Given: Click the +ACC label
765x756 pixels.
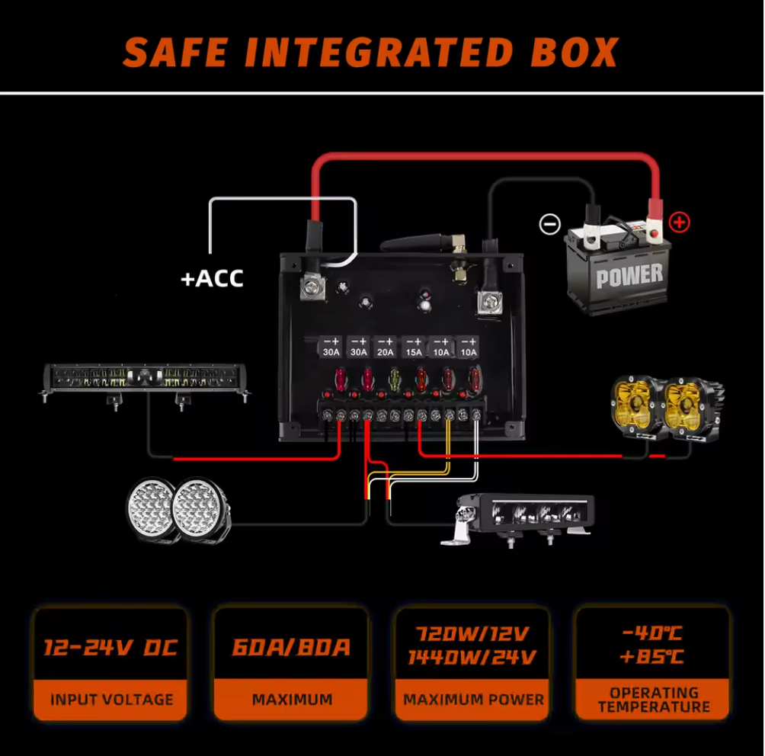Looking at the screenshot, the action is point(212,279).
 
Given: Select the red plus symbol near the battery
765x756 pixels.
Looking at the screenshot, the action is point(679,223).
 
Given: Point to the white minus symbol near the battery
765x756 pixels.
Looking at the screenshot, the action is point(550,224).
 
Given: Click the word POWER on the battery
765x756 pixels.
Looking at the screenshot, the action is point(629,276).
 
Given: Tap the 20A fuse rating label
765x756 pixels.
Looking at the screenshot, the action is point(386,352).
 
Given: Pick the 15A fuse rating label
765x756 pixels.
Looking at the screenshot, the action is point(414,352).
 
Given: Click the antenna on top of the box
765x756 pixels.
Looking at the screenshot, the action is point(423,242).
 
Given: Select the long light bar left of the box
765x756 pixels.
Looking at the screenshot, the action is point(145,381).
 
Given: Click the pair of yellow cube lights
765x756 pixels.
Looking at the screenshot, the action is point(667,408).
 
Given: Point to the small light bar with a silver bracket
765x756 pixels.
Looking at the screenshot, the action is point(518,520).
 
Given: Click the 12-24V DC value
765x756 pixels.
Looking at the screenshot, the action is point(110,648).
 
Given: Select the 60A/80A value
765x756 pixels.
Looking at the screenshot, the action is point(291,647).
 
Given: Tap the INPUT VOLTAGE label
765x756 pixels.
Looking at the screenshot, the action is point(112,700).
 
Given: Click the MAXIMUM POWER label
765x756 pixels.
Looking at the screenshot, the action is point(473,700).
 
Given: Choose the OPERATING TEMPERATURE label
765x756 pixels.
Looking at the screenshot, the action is point(654,700).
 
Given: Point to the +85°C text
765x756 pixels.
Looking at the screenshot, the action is point(651,656).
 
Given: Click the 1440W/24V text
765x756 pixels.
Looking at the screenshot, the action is point(472,658).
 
